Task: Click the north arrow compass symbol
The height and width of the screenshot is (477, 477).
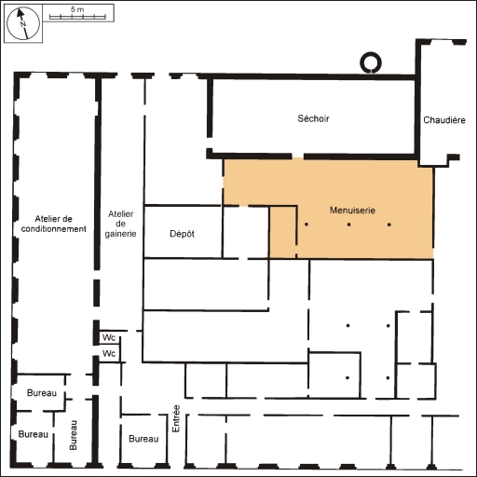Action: pos(23,23)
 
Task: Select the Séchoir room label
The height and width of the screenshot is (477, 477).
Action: pos(313,118)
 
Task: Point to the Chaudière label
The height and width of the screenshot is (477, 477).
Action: pos(444,120)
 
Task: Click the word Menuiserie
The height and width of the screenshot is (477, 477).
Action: pos(352,211)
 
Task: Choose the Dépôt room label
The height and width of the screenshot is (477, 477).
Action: pos(182,234)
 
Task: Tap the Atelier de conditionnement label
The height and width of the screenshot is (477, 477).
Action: pos(53,224)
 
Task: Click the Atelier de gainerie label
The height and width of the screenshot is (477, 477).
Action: pos(120,224)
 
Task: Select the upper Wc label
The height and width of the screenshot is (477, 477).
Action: pos(109,337)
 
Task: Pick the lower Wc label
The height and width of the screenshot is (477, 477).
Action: pos(109,353)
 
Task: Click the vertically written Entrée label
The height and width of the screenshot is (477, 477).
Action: pos(176,418)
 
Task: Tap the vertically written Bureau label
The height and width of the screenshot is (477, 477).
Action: pos(73,435)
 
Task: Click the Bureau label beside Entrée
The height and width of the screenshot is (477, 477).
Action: pos(143,439)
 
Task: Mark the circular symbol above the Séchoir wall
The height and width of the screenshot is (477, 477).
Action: pos(371,62)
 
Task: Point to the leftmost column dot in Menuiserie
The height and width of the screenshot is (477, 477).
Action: pos(307,225)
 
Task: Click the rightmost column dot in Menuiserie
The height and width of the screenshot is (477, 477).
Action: pos(389,225)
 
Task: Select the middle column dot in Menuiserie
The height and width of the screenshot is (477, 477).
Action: pos(349,225)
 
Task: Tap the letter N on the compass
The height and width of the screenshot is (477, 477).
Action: pos(22,24)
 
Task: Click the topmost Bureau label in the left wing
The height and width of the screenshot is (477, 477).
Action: pos(42,393)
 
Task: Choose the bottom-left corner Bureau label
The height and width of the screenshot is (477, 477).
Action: pos(34,434)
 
